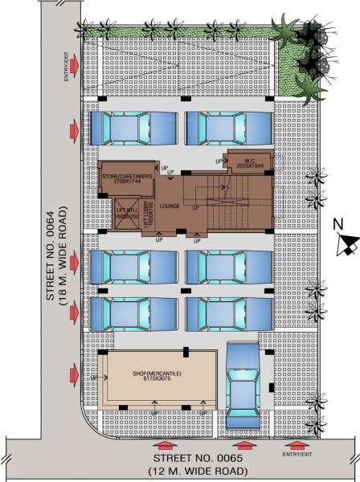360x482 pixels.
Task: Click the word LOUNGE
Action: [x=170, y=206]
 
